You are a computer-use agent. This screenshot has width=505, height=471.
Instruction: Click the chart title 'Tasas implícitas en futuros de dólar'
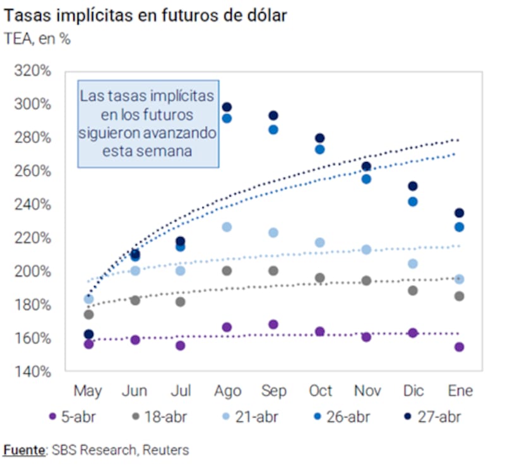click(146, 16)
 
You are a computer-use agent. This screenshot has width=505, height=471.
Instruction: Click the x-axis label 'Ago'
click(227, 391)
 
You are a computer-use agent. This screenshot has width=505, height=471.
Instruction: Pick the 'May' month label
click(88, 391)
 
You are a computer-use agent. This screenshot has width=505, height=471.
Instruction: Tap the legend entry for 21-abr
click(250, 417)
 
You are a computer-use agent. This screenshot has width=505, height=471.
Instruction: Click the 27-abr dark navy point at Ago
click(227, 107)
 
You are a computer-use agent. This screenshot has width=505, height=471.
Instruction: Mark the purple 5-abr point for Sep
click(273, 325)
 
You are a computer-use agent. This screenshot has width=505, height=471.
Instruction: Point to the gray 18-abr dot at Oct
click(320, 278)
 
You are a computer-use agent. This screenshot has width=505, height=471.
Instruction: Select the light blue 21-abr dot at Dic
click(413, 264)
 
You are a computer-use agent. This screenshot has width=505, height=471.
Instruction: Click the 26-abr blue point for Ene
click(459, 227)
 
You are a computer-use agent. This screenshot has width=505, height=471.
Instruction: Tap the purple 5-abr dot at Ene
click(459, 347)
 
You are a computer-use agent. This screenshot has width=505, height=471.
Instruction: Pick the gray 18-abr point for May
click(88, 315)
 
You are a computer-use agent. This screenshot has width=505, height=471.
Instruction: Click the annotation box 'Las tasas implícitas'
click(148, 124)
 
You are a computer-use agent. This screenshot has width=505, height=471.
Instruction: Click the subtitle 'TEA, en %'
click(38, 39)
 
